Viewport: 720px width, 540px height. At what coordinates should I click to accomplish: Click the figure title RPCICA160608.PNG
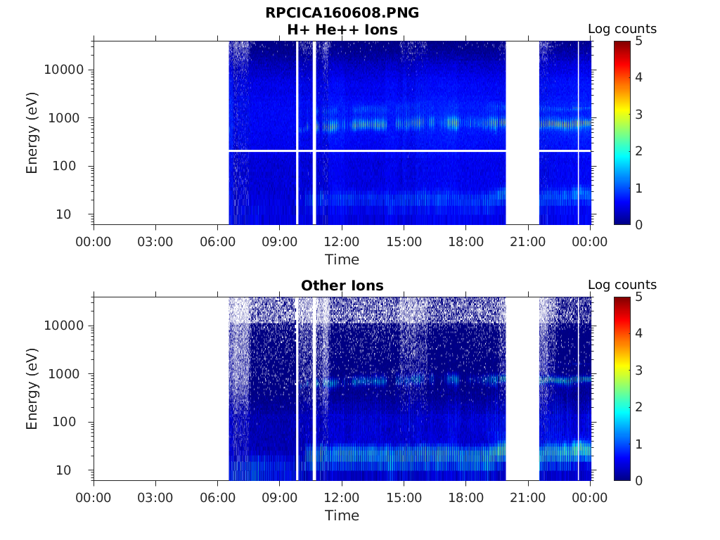click(x=342, y=13)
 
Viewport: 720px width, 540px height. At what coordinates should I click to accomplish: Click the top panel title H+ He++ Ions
click(x=342, y=30)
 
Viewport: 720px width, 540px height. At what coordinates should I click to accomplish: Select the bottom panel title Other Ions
click(x=342, y=285)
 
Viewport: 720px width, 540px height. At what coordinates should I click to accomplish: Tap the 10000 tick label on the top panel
click(x=64, y=70)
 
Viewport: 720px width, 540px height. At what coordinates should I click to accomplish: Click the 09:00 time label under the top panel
click(x=280, y=242)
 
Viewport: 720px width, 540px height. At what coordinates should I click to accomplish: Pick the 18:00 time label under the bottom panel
click(x=466, y=498)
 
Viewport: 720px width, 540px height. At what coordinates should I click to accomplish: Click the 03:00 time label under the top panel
click(x=155, y=242)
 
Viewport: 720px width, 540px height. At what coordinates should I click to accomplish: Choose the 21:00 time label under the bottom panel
click(x=528, y=498)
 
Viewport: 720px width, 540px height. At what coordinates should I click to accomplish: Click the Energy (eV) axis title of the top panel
click(x=32, y=133)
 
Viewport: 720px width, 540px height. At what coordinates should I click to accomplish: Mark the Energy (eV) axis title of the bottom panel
click(x=32, y=389)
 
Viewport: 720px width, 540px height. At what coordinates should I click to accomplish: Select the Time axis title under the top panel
click(x=342, y=259)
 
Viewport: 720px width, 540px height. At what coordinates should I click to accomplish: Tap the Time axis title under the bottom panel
click(x=342, y=515)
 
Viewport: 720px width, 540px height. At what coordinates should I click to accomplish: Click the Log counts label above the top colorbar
click(x=622, y=29)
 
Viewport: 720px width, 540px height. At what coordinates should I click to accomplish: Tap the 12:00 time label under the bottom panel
click(x=342, y=498)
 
